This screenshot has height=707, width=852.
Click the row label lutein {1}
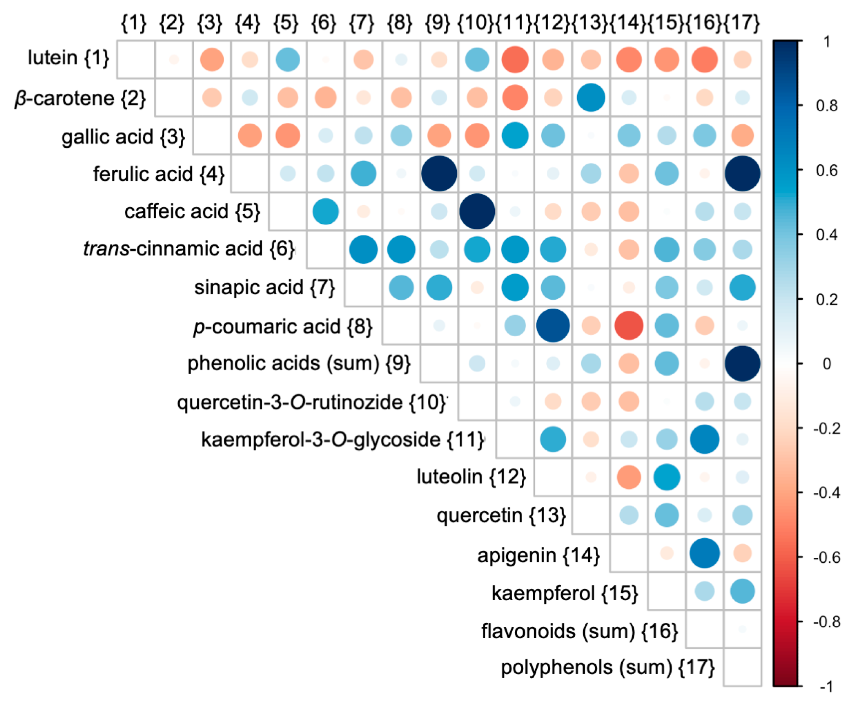click(x=68, y=58)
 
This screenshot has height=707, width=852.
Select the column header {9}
click(x=437, y=22)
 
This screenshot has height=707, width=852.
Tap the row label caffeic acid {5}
click(x=192, y=211)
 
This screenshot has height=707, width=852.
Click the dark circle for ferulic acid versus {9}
click(x=439, y=174)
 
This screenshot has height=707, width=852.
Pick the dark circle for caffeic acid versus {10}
click(x=477, y=211)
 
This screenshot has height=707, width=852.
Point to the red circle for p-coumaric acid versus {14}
click(x=628, y=326)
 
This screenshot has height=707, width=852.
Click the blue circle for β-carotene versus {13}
click(x=591, y=97)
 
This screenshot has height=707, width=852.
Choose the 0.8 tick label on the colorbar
click(x=826, y=106)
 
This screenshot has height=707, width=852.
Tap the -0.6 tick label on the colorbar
click(x=826, y=558)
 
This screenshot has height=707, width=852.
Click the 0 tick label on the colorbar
click(x=826, y=364)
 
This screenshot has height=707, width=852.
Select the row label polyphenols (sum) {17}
click(x=607, y=667)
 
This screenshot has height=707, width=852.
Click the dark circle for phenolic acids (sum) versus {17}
click(x=742, y=364)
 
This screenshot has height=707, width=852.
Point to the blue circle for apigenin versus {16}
click(x=704, y=553)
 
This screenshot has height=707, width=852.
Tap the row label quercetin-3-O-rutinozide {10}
click(x=312, y=402)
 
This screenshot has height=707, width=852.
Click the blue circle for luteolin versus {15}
click(x=667, y=477)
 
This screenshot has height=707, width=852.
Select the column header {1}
click(x=134, y=22)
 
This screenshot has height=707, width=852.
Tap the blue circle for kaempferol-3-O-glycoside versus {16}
click(x=704, y=440)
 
